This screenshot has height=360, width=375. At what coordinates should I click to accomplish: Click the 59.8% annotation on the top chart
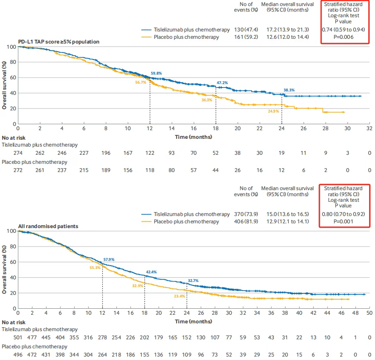(156, 73)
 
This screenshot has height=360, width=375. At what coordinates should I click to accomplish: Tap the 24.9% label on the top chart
(273, 111)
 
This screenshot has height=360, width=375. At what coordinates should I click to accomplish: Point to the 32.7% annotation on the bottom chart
(193, 281)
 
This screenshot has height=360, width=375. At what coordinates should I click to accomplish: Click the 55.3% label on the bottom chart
(95, 268)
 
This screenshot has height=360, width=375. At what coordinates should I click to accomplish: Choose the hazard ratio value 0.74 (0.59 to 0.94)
(344, 29)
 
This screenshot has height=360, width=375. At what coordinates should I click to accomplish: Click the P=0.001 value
(344, 222)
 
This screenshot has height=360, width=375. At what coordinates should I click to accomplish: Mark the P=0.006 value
(344, 37)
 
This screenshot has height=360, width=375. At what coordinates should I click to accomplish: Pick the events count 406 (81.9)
(246, 222)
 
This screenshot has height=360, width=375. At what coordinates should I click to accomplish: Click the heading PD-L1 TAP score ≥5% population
(59, 42)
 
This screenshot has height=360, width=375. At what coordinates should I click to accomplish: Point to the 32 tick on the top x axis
(369, 128)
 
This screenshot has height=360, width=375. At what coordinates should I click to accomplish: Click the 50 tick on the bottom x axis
(369, 313)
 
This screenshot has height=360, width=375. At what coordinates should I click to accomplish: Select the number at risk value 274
(18, 153)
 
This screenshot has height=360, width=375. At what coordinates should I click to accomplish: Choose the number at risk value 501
(18, 338)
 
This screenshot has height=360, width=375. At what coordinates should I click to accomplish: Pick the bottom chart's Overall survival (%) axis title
(4, 270)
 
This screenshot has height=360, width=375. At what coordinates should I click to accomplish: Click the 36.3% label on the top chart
(206, 100)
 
